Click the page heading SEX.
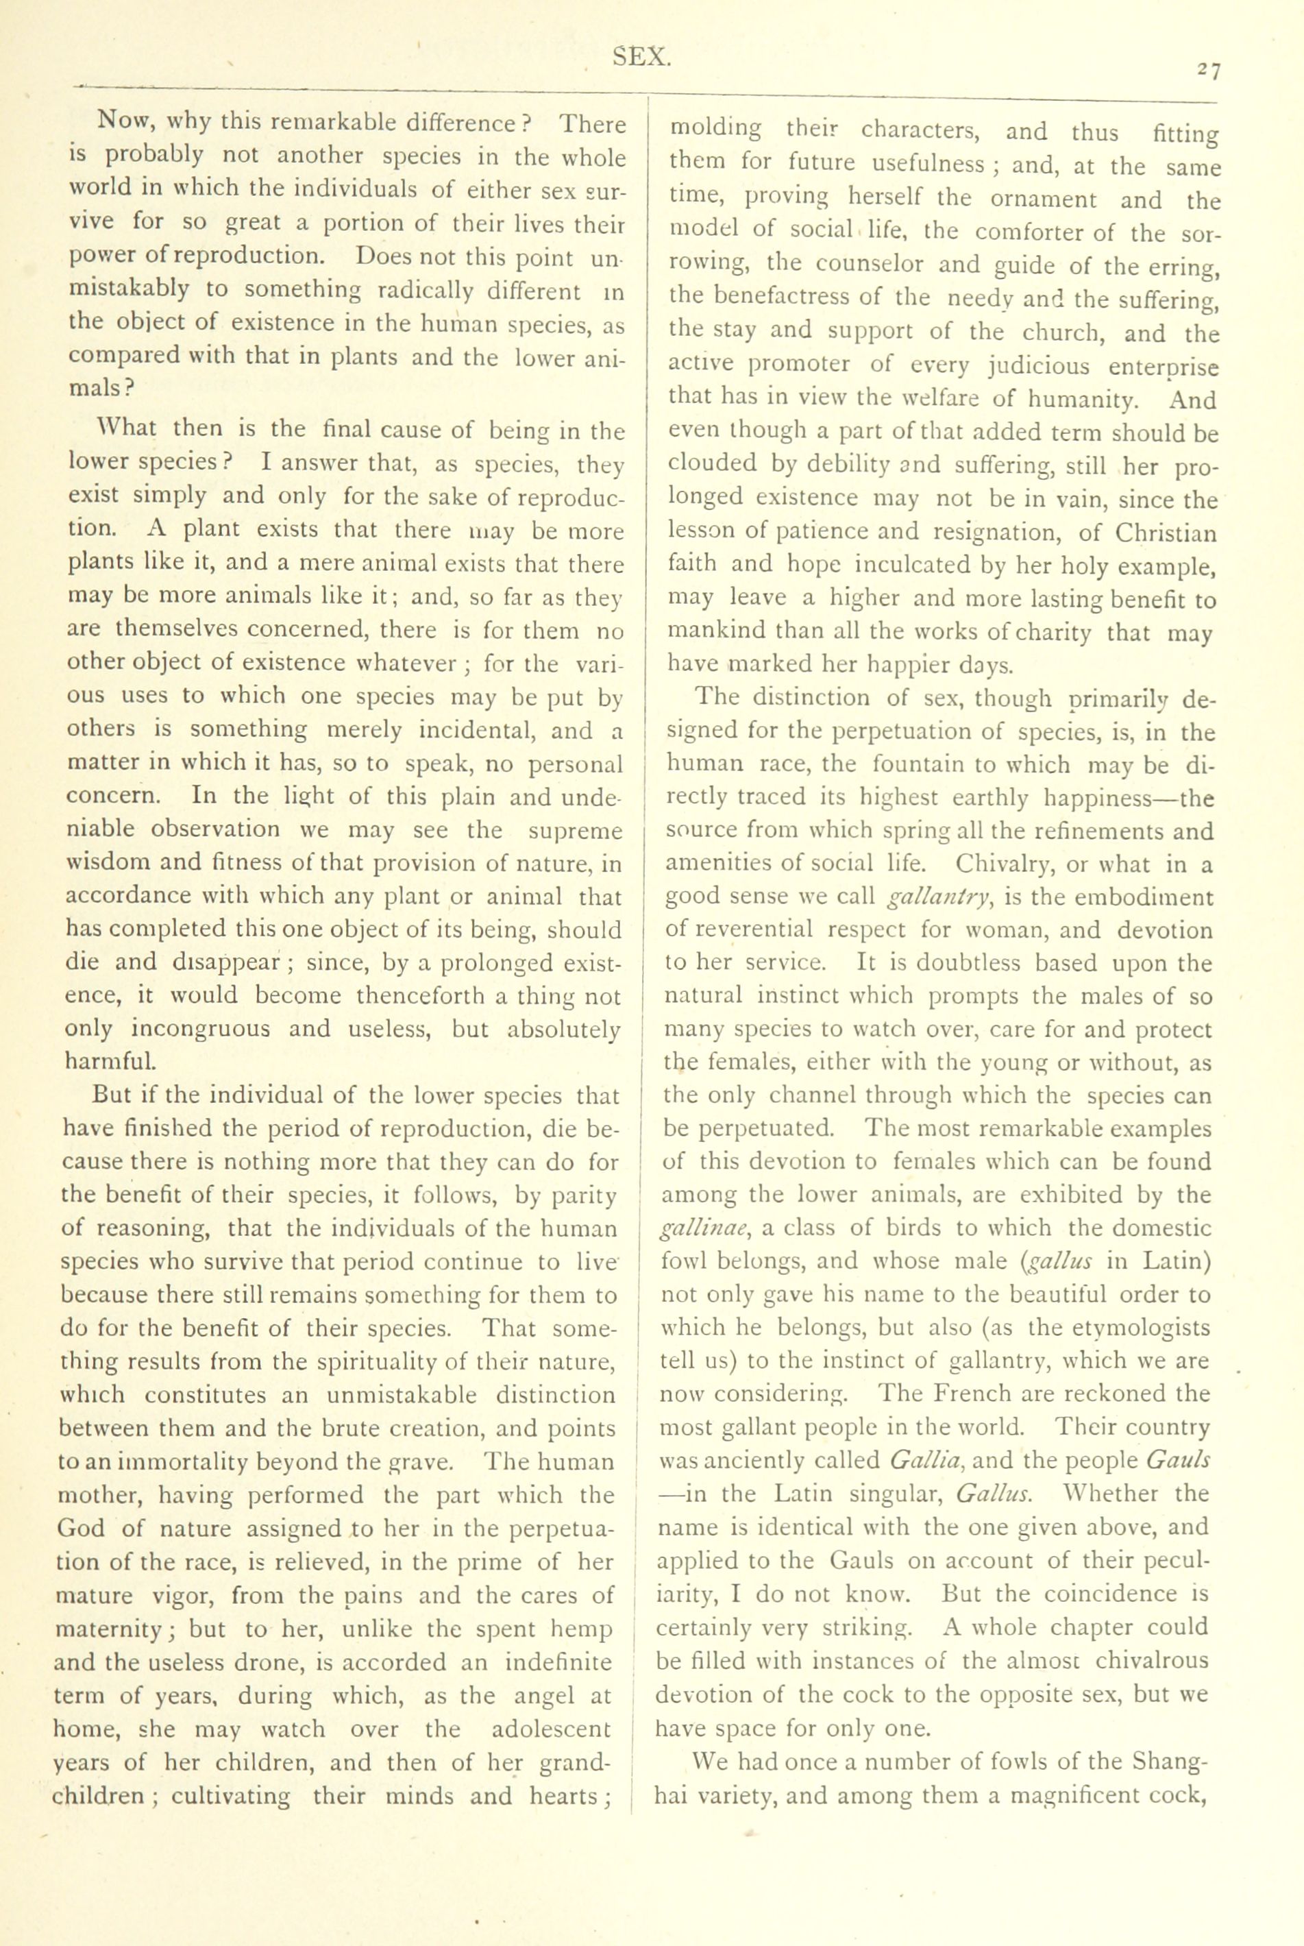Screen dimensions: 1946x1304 click(x=641, y=57)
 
